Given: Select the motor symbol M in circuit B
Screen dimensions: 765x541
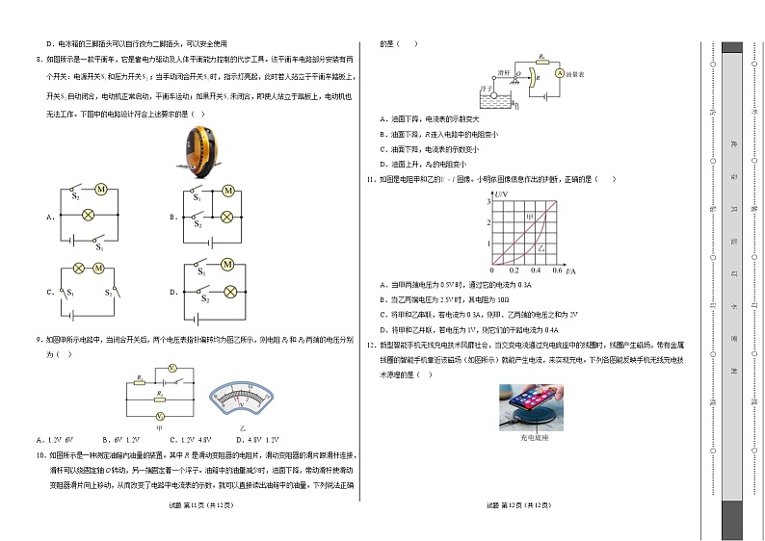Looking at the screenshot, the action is [x=228, y=192].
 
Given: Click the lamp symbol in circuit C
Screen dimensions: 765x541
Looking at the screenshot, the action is [x=80, y=269].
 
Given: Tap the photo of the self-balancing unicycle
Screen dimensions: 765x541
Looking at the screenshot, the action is [x=199, y=151].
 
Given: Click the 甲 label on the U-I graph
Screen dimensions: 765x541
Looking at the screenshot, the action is [x=529, y=217].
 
